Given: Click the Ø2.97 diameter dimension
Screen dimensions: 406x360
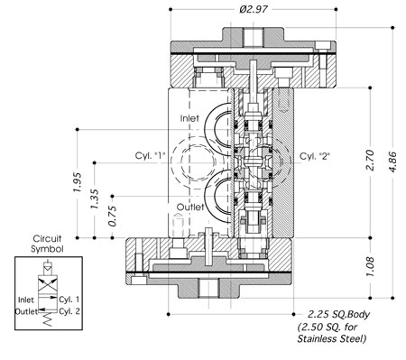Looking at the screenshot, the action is [254, 9].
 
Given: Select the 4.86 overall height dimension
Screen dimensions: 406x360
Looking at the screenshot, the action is [392, 162].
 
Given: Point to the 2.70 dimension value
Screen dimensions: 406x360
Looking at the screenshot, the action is [370, 160].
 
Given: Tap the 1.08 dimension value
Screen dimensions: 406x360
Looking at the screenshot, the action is [370, 267].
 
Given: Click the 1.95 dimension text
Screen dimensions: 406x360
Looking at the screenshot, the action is [78, 182].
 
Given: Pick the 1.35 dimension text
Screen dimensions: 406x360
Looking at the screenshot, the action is [95, 199].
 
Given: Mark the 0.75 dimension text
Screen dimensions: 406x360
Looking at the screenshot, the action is [112, 217].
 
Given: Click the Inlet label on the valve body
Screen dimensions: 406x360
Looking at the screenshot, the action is [189, 118].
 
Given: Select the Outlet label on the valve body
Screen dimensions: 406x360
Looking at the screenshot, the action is [190, 207].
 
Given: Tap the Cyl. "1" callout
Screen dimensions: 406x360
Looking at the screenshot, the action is [151, 155].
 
